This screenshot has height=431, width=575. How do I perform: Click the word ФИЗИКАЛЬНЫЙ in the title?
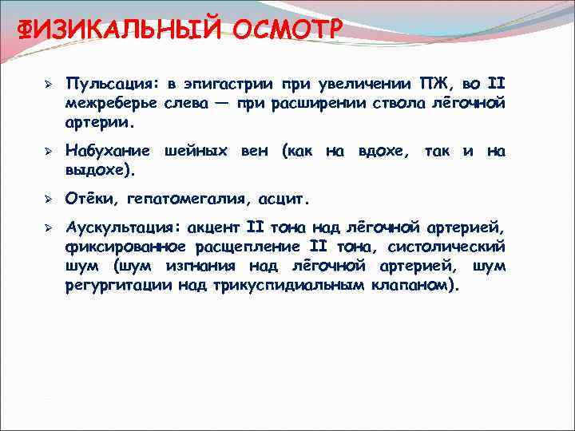[x=121, y=30]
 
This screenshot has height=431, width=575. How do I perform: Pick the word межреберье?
[x=113, y=105]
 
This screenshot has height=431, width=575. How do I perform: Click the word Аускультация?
[x=123, y=227]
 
